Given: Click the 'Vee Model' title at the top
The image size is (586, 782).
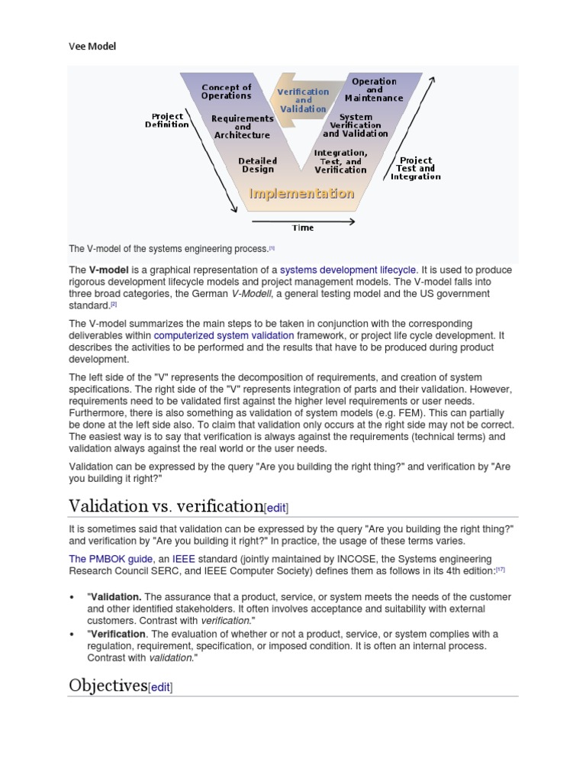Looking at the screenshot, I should point(92,47).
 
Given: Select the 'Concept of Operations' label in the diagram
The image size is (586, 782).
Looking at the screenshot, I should point(226,92).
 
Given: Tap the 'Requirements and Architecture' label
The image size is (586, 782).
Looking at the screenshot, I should point(242,127).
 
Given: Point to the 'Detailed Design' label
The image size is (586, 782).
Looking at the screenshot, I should point(258,165).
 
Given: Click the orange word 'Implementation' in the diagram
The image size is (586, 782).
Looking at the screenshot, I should point(302,194).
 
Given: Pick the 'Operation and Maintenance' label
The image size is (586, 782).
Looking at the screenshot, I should point(374,89).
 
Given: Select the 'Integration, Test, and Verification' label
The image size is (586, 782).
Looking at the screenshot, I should point(340,161).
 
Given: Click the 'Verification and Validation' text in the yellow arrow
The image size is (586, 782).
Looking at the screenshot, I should point(303,100).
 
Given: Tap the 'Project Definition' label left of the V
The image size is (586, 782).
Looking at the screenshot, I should point(167,121).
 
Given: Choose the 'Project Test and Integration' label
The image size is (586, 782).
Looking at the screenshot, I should point(416,169).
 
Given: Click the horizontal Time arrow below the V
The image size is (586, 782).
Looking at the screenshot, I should point(302,221).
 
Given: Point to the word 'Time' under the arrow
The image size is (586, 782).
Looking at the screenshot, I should point(303,228).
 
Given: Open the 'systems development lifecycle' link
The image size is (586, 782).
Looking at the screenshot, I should point(348,270).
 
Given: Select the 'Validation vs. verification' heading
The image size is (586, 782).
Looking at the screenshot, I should point(166,506).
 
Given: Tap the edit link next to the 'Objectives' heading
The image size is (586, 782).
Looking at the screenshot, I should point(160,687).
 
